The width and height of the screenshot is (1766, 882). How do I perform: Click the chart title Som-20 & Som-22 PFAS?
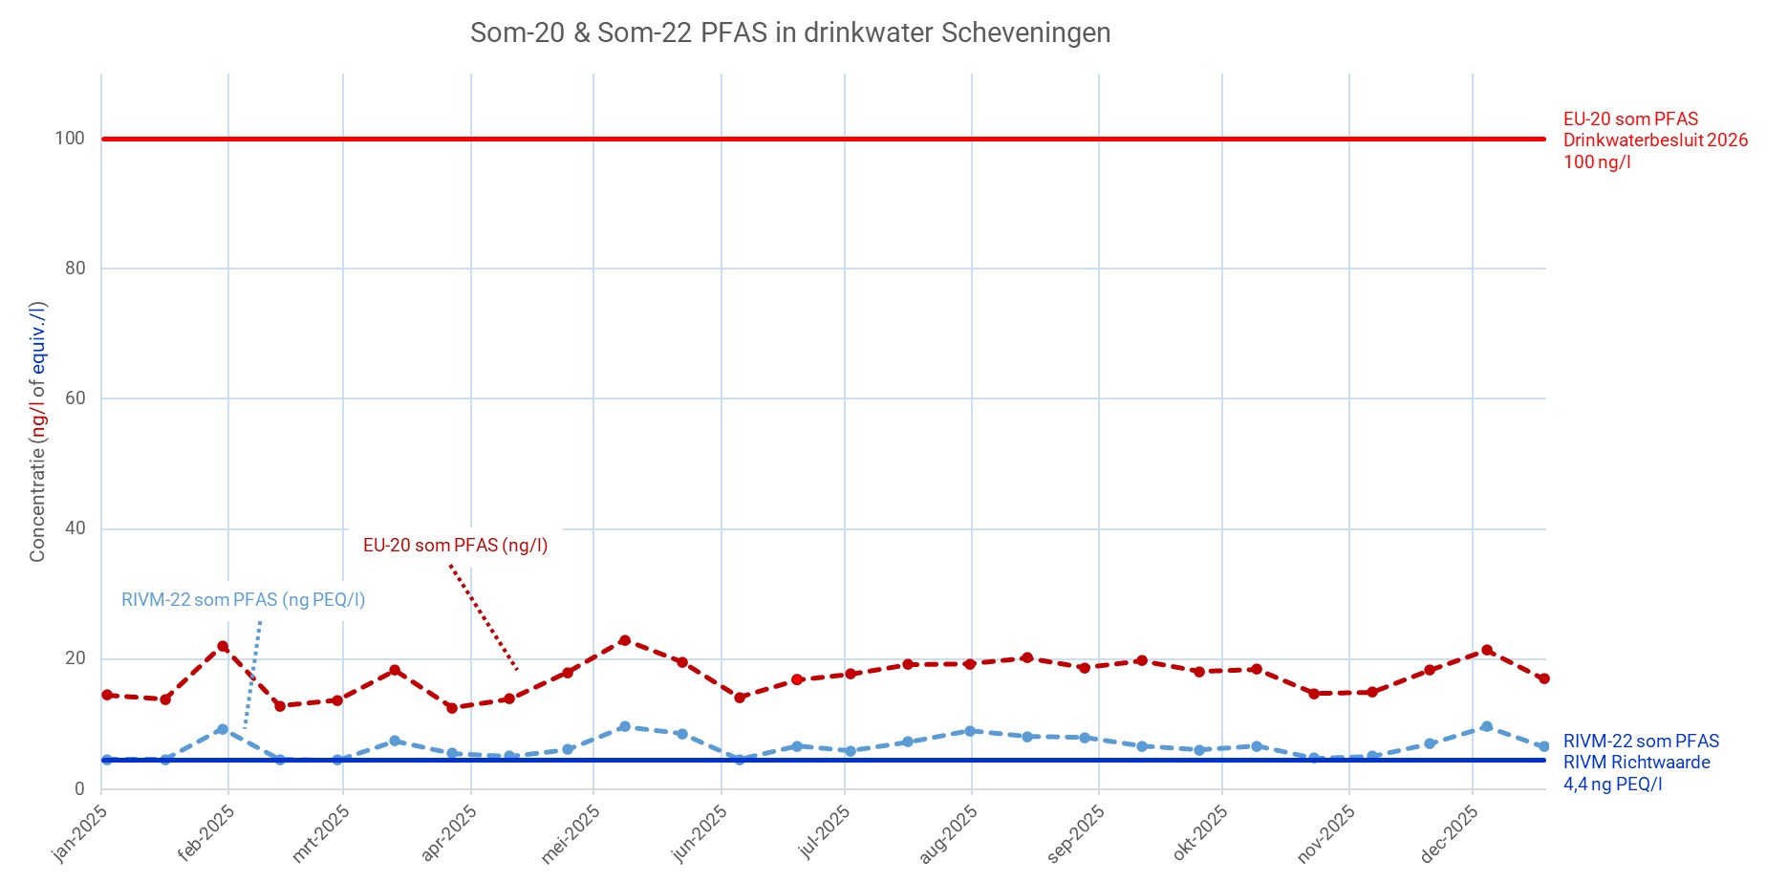click(789, 33)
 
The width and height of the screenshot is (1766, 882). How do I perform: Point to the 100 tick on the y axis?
click(70, 139)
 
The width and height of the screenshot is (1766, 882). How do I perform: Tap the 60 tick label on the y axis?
click(75, 398)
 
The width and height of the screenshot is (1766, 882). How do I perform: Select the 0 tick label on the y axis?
click(80, 789)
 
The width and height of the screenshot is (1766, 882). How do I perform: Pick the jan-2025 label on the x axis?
click(80, 833)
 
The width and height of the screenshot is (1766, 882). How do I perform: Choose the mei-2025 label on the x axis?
click(571, 833)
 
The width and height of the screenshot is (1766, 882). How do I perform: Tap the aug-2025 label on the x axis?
click(948, 833)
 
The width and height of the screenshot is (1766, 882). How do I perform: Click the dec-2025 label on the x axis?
click(1449, 833)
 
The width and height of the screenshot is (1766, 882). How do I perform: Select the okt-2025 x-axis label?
click(1199, 833)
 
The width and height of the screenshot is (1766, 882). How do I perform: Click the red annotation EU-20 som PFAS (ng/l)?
click(455, 546)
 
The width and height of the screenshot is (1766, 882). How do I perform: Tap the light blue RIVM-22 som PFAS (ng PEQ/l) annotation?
click(243, 600)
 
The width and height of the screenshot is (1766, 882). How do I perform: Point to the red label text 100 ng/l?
click(1597, 162)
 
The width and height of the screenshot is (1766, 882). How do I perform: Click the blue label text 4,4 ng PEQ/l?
click(1612, 785)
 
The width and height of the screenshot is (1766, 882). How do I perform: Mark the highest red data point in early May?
click(624, 640)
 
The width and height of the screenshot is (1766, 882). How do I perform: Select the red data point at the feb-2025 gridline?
click(223, 646)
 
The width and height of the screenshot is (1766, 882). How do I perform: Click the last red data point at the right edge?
click(1543, 678)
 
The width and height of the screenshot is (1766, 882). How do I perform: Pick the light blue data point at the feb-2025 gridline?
click(223, 729)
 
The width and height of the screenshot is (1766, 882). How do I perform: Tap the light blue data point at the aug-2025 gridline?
click(970, 731)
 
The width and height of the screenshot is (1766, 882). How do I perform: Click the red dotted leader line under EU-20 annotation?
click(484, 617)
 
